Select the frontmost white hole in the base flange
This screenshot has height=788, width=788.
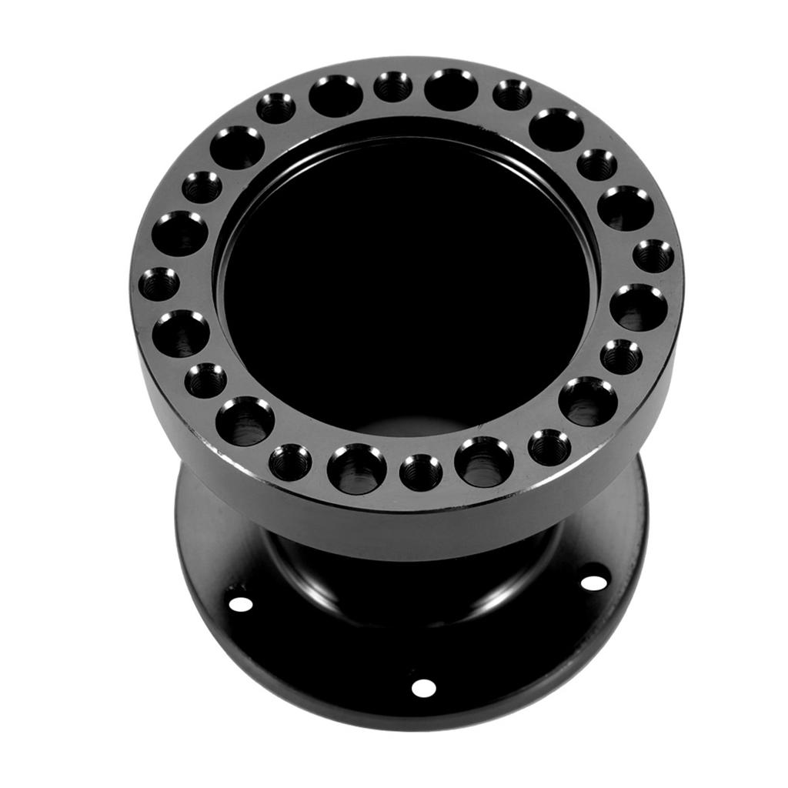(423, 687)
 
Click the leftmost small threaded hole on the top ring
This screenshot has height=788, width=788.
(159, 285)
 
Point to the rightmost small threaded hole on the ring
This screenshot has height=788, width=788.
(653, 256)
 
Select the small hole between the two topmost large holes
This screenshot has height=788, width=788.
(393, 87)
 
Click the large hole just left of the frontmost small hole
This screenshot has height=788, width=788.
(357, 469)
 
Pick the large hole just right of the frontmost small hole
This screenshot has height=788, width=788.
(484, 462)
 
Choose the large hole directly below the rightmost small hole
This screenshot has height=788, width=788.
(638, 307)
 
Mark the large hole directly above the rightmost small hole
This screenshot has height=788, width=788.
(626, 208)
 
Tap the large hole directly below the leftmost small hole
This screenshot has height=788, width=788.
(181, 334)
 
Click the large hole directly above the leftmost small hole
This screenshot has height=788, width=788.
(179, 233)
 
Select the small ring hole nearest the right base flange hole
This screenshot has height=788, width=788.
(549, 447)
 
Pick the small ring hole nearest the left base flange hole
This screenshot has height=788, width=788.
(290, 462)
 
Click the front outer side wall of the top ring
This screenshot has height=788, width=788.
(416, 523)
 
